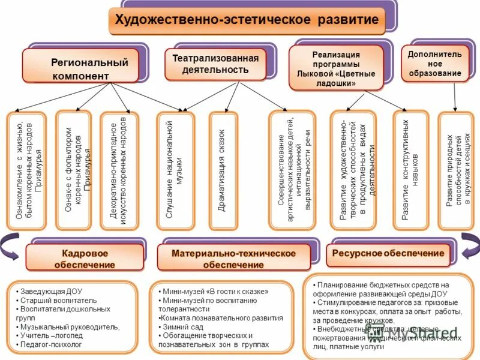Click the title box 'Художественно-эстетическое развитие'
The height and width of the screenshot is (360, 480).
[x=246, y=20]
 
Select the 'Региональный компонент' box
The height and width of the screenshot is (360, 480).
[x=82, y=68]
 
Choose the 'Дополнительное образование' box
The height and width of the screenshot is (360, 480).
[x=434, y=64]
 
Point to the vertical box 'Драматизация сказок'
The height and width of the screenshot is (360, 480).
[x=226, y=170]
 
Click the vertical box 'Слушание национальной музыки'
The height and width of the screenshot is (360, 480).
[x=174, y=170]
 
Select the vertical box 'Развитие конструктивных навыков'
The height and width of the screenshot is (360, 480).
[x=410, y=170]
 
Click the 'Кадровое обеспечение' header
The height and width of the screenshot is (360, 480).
[x=85, y=258]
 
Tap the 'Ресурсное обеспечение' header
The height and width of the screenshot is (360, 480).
[x=388, y=254]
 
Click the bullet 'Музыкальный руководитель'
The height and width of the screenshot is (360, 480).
[x=68, y=327]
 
